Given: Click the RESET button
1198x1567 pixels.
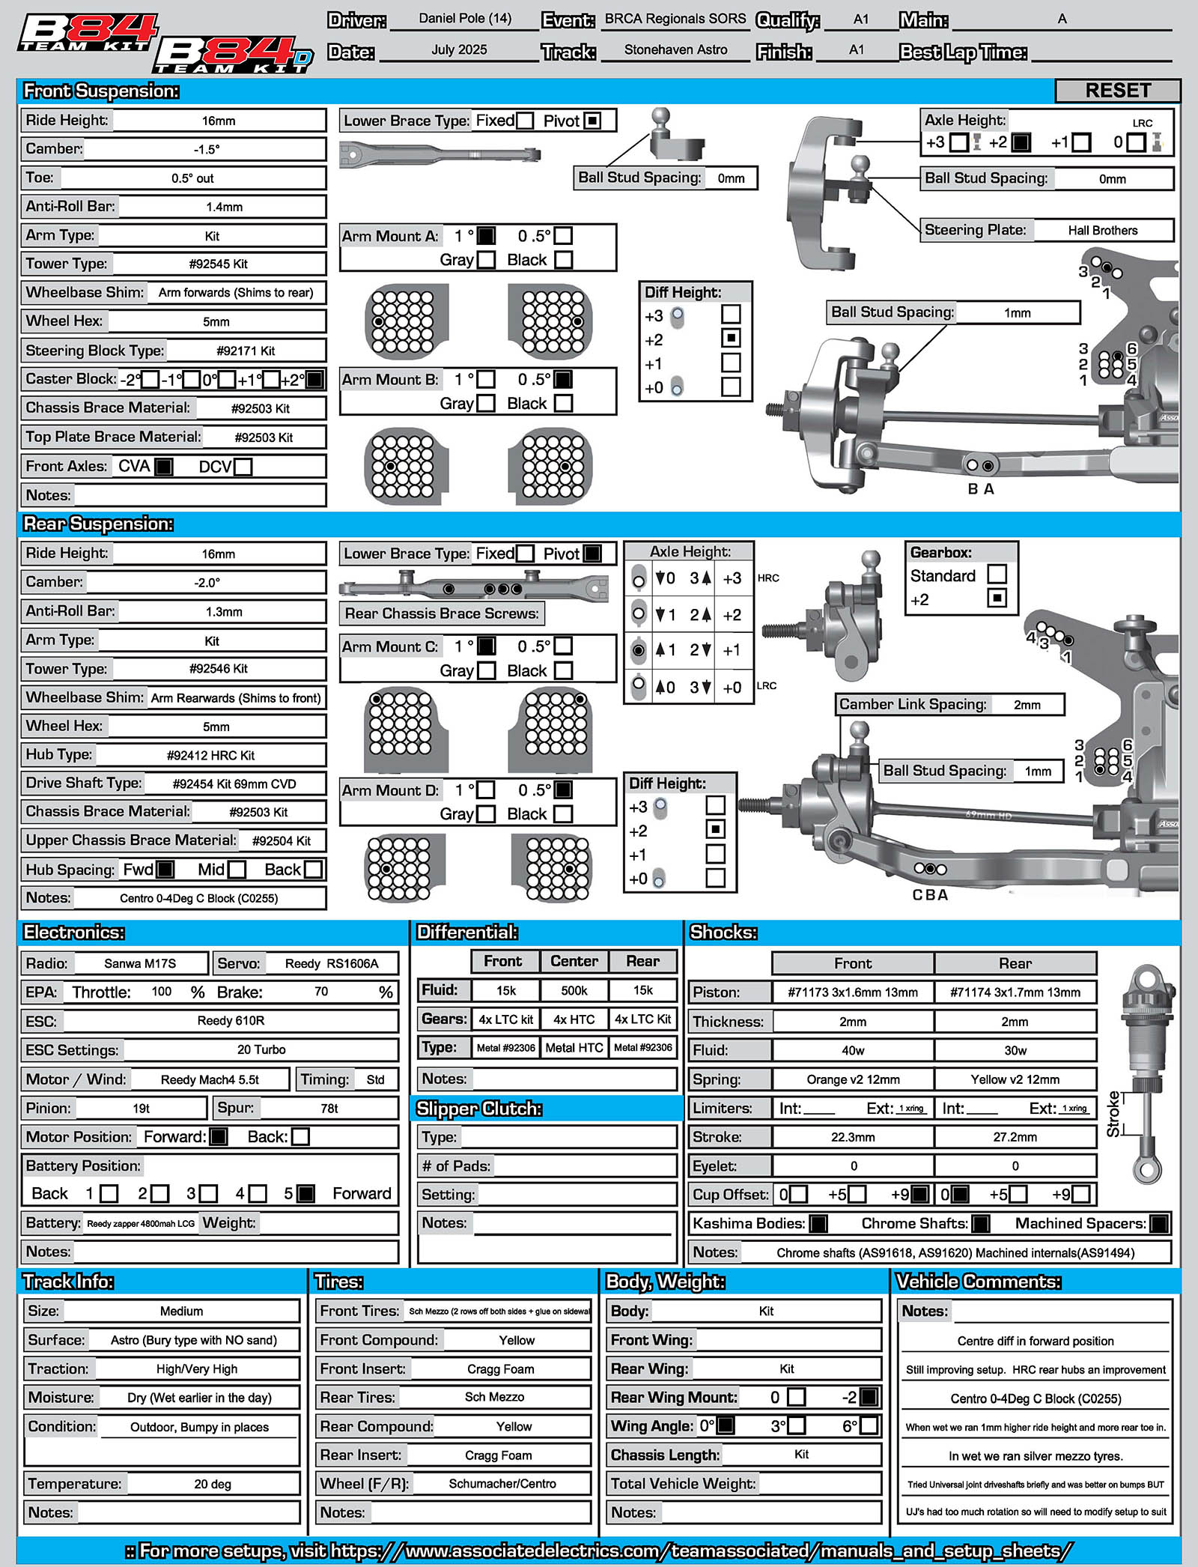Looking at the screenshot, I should click(x=1117, y=91).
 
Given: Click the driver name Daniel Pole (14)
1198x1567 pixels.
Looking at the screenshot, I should click(x=465, y=19).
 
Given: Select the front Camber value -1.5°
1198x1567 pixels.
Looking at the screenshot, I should click(x=207, y=149).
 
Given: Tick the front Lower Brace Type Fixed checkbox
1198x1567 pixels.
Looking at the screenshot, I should click(x=525, y=121).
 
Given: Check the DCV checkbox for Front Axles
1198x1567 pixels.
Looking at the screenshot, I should click(x=243, y=467).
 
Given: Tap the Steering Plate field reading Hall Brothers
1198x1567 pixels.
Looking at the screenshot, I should click(x=1102, y=231).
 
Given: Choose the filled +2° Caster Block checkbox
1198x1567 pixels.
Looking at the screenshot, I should click(x=314, y=380).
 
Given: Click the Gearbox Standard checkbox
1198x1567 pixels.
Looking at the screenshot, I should click(x=997, y=575).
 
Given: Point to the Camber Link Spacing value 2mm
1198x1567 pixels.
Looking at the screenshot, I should click(x=1027, y=705).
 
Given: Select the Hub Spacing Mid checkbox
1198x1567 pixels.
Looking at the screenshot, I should click(x=237, y=870).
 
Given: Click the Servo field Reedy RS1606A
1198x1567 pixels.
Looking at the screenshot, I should click(x=332, y=963).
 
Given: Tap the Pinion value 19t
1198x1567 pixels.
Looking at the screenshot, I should click(x=142, y=1109).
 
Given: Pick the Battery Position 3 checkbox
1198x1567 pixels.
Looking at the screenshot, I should click(x=209, y=1193).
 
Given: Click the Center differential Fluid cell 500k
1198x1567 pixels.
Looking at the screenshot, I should click(x=574, y=990).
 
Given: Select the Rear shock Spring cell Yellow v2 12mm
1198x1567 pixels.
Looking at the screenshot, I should click(x=1015, y=1079).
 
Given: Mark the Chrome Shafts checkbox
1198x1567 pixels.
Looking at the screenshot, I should click(x=980, y=1223).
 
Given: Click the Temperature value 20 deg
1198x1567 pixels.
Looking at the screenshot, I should click(x=213, y=1484).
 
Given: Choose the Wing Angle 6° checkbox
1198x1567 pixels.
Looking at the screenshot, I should click(x=869, y=1425).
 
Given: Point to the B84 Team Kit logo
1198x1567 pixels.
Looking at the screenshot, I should click(x=88, y=34).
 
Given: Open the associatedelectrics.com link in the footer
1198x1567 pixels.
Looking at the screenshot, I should click(x=599, y=1550).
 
